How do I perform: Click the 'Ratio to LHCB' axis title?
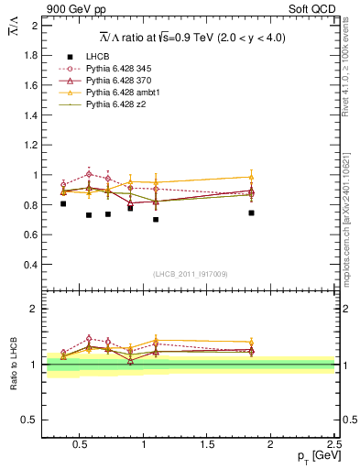pyautogui.click(x=14, y=364)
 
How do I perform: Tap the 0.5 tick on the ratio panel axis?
pyautogui.click(x=30, y=420)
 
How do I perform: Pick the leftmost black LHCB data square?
pyautogui.click(x=63, y=203)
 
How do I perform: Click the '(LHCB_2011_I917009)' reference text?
pyautogui.click(x=190, y=274)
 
